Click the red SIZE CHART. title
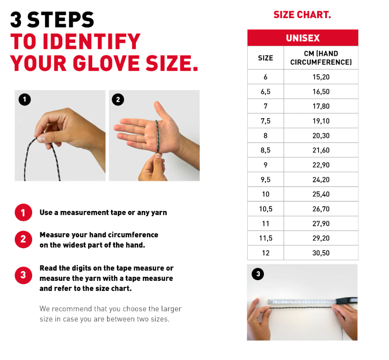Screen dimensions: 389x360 302,15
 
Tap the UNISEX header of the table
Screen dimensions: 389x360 303,38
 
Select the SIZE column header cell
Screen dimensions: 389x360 266,58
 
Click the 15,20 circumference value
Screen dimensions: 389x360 321,77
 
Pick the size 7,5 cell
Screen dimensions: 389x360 266,121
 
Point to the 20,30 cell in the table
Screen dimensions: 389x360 321,136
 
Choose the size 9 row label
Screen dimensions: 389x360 266,165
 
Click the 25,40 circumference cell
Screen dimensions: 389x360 321,194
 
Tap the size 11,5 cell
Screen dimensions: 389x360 266,238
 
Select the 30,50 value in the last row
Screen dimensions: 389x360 321,253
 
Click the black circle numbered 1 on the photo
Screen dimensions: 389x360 25,100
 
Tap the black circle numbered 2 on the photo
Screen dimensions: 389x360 118,100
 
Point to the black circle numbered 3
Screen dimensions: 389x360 258,274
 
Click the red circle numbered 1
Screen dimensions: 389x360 23,213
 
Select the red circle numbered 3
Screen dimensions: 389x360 23,275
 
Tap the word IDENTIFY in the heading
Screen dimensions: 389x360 91,42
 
